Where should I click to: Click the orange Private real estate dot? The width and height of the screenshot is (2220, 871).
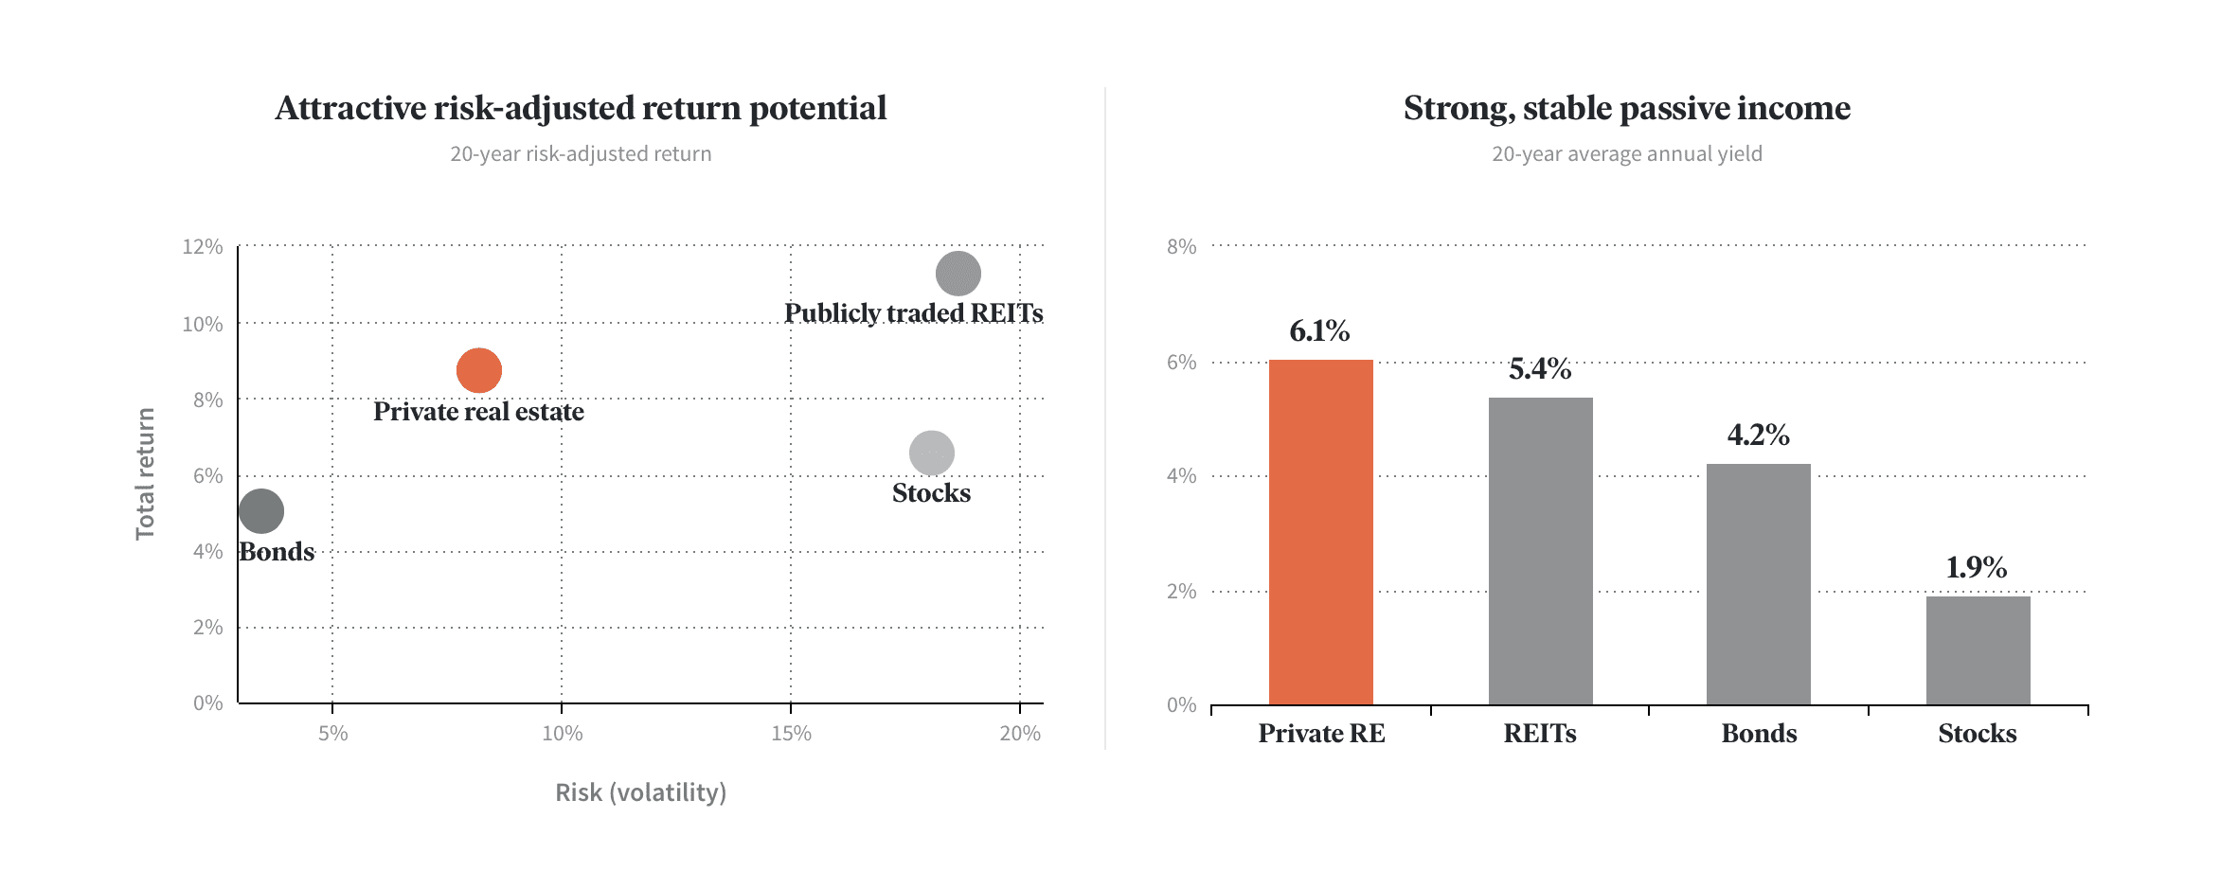479,370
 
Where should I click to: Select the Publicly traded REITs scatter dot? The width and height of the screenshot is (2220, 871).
958,274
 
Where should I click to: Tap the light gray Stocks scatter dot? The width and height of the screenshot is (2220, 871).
932,453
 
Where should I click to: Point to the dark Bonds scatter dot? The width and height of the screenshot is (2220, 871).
261,511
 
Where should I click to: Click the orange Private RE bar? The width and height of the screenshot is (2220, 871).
1321,532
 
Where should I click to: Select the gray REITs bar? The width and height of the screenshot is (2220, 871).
1541,551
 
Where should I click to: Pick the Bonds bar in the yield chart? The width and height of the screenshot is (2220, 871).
1759,584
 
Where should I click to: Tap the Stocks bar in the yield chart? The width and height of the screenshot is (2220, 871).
1978,650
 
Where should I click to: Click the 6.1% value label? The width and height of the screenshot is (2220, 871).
1319,330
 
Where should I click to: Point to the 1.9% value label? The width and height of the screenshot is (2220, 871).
1977,567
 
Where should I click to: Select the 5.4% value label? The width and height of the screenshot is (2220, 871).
1540,368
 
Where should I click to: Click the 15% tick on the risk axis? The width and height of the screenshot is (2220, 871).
791,733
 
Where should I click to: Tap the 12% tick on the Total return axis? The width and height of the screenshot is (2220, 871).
203,246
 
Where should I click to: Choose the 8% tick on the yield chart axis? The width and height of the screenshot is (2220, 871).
1182,246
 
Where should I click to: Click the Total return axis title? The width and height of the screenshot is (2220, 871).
145,474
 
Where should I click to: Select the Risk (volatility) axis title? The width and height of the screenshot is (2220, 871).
641,791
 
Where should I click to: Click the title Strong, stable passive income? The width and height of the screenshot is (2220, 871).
1627,108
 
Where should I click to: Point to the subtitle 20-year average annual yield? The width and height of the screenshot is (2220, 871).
1627,153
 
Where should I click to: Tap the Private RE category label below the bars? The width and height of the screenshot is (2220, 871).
1321,733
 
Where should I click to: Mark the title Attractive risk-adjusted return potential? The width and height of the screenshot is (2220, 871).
581,108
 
